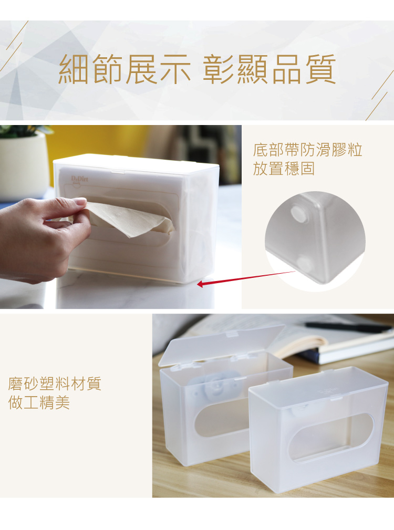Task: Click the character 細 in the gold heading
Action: (74, 69)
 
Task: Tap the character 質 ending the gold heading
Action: (320, 69)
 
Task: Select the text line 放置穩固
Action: (284, 168)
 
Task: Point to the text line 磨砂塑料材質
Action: (55, 383)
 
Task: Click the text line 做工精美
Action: (39, 402)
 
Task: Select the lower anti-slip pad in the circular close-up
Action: (304, 264)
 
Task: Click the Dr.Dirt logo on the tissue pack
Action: (79, 180)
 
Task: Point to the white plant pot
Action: (24, 165)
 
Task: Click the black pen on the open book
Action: (348, 327)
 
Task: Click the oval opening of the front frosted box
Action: (331, 437)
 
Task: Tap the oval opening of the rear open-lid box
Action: (221, 418)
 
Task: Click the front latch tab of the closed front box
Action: (336, 399)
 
